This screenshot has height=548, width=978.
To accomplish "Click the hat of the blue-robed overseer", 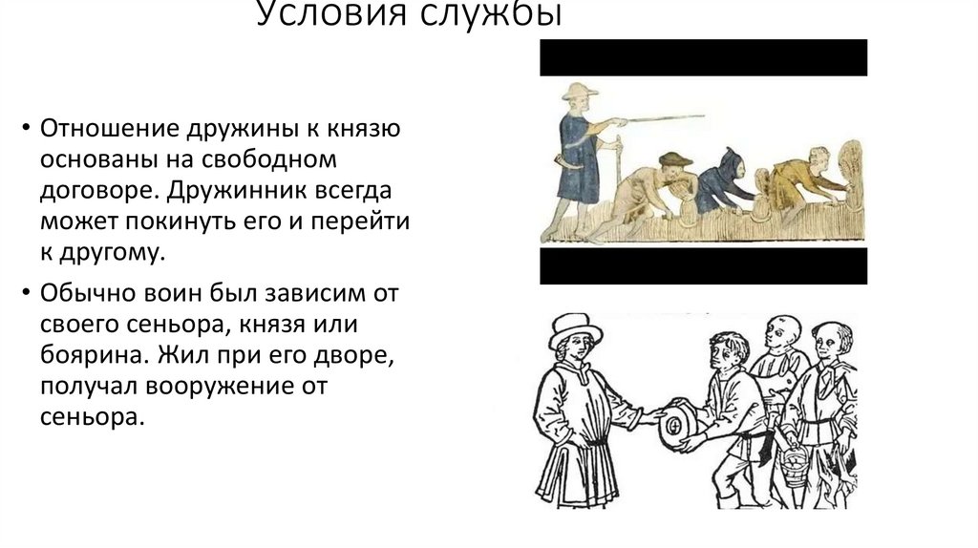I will [x=578, y=93].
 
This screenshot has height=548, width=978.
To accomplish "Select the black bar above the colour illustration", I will [x=703, y=57].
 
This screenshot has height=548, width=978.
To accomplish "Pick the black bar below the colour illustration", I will [x=703, y=265].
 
